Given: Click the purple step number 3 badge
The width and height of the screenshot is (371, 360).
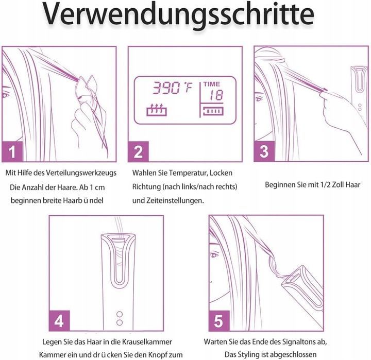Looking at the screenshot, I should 264,151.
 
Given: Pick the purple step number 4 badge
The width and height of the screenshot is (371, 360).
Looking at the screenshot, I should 60,320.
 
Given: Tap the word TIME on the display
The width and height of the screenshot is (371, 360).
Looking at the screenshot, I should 211,83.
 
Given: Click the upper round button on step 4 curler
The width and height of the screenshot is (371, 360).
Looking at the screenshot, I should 119,313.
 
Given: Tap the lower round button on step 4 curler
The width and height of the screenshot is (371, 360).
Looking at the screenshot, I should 119,322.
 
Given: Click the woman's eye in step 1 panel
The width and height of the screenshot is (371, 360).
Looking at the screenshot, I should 6,95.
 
